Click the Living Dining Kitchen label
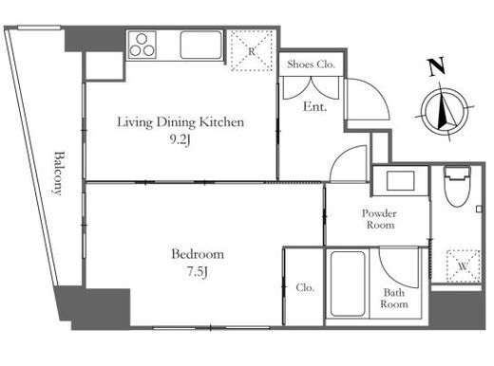point(180,122)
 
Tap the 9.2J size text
point(180,139)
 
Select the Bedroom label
point(198,254)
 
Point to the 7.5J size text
point(197,272)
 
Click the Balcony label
point(59,173)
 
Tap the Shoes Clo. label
point(311,64)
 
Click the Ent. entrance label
point(314,106)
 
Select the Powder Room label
point(379,219)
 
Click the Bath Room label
point(394,299)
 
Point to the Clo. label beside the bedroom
point(305,287)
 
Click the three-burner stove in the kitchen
point(142,45)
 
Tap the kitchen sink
point(200,45)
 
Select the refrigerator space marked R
point(252,50)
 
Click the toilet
point(457,187)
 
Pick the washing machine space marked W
point(463,265)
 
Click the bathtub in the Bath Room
point(347,284)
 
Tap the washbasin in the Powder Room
point(401,181)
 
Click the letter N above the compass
point(437,67)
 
